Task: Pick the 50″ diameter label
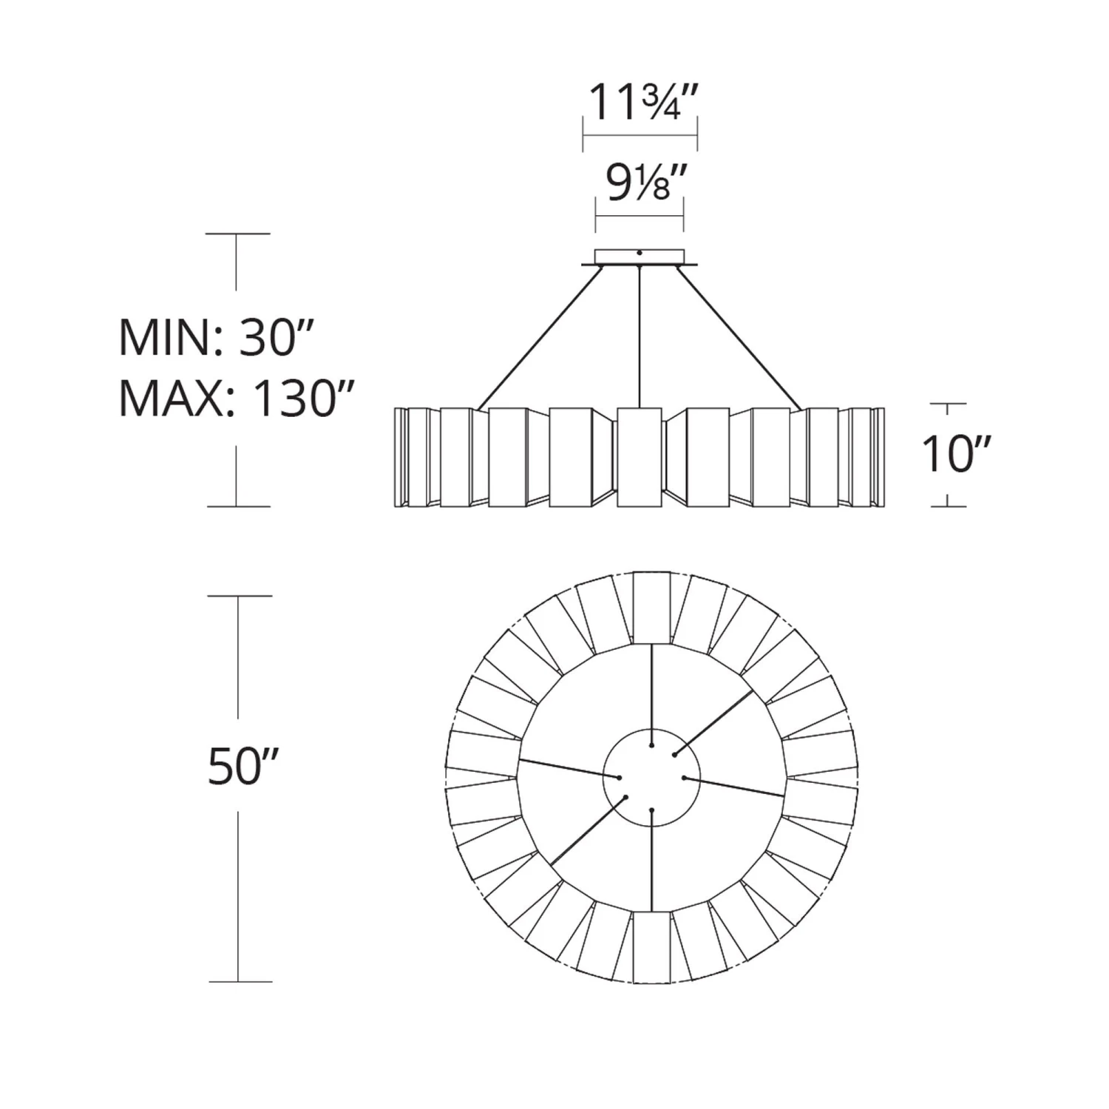click(243, 766)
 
